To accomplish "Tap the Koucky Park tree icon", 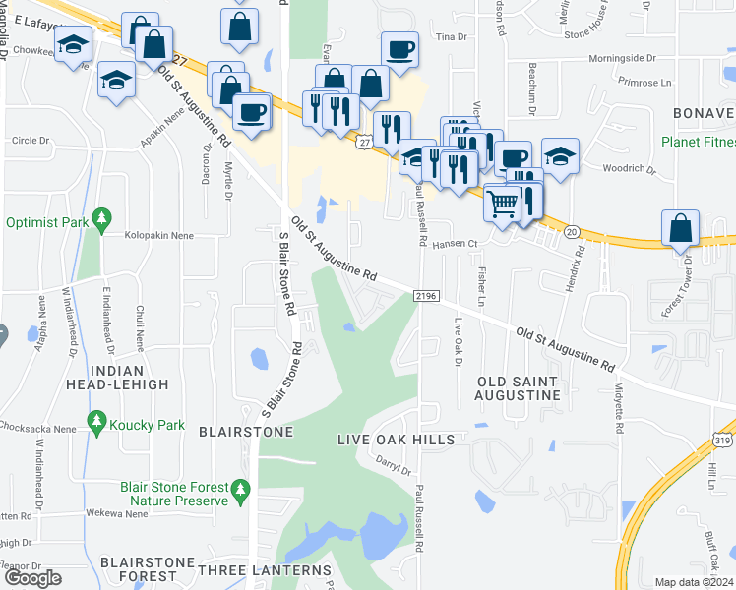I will pyautogui.click(x=95, y=425).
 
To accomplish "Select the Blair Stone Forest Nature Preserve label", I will pyautogui.click(x=175, y=493).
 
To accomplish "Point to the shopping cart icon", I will pyautogui.click(x=503, y=204).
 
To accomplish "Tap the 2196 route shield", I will pyautogui.click(x=425, y=295).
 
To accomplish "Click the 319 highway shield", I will pyautogui.click(x=722, y=442).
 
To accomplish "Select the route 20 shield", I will pyautogui.click(x=572, y=232).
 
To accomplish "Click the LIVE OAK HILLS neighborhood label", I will pyautogui.click(x=396, y=439).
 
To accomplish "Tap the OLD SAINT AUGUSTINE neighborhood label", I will pyautogui.click(x=518, y=387).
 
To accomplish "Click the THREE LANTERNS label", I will pyautogui.click(x=265, y=570).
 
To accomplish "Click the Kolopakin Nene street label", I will pyautogui.click(x=158, y=236).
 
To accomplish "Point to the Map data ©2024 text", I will pyautogui.click(x=695, y=583).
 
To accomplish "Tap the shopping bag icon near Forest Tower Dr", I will pyautogui.click(x=681, y=227).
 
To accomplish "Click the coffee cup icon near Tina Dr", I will pyautogui.click(x=399, y=49).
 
